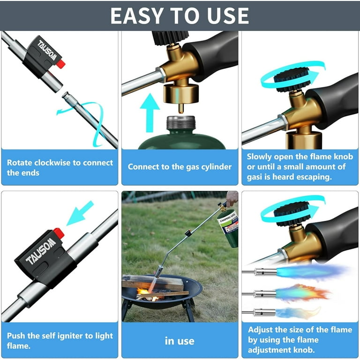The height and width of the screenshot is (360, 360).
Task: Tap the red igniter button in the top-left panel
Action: pos(61,64)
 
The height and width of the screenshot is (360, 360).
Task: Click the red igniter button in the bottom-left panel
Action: pos(59,233)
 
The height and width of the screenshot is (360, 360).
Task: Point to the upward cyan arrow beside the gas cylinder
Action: pos(150,112)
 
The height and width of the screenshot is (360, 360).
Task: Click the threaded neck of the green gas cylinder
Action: pos(181,122)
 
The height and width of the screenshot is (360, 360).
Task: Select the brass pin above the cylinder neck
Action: pos(181,108)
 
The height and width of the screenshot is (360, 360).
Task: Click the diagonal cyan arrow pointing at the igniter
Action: pos(80,213)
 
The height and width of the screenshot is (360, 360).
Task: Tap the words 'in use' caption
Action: pos(180,341)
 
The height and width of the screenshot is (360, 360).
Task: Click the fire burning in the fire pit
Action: pos(147,294)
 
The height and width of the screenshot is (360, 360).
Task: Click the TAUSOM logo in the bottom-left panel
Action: pos(41,251)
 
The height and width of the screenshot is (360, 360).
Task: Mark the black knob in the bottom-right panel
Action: pos(292,214)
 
